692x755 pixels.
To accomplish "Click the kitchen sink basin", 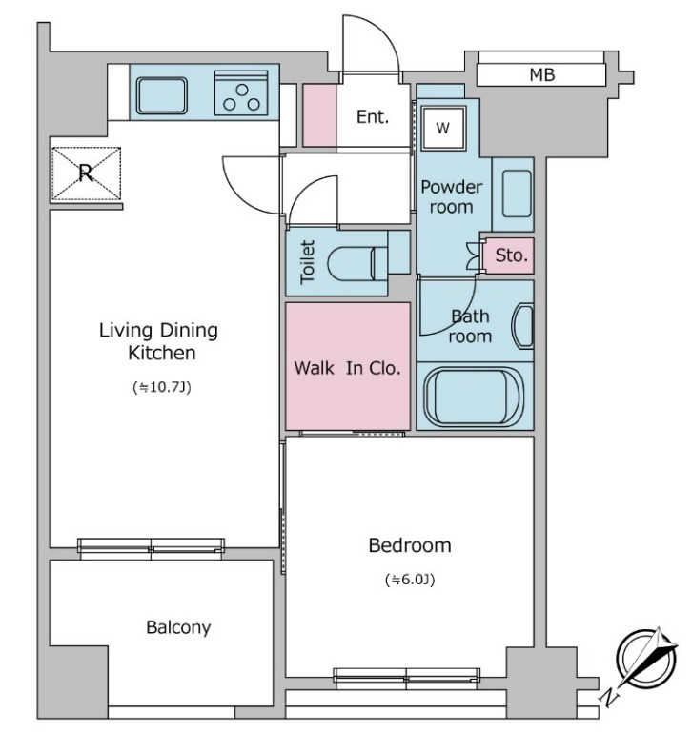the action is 161,96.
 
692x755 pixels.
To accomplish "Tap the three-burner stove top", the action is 241,92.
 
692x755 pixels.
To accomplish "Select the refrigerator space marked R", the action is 86,173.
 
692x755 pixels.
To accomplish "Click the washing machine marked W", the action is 443,128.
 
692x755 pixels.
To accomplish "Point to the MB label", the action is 542,74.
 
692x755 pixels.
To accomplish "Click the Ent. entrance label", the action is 373,116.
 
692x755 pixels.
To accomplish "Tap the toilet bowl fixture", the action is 357,263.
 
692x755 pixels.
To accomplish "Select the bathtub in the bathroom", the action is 474,397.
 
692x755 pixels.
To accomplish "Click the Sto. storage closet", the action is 508,255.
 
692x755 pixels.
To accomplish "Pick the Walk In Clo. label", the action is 347,368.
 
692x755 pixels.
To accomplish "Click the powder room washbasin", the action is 517,194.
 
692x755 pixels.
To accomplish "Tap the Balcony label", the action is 178,627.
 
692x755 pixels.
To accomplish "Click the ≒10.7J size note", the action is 162,387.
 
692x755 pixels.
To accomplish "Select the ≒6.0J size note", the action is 410,580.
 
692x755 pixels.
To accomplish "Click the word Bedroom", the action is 410,545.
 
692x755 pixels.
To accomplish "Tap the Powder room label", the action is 451,196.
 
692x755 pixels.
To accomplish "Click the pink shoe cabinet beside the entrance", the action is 318,115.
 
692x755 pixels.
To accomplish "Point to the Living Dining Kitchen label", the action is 159,341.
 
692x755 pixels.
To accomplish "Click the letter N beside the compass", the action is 609,697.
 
